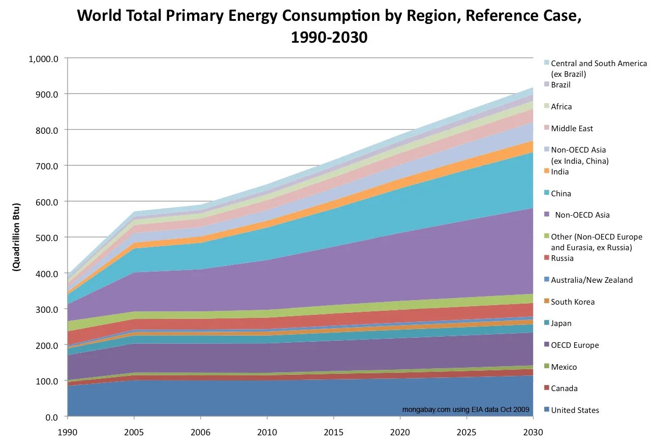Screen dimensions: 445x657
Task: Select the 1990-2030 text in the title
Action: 329,37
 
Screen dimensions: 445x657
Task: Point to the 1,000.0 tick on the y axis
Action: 44,58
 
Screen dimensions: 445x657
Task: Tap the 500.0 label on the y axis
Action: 49,238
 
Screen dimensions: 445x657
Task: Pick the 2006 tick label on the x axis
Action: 201,432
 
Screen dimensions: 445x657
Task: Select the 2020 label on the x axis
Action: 400,432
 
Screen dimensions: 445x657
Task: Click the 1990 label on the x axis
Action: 67,432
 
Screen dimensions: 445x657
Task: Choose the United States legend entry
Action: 575,410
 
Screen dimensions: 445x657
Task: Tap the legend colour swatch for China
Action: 546,193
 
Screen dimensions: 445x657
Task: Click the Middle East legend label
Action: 572,129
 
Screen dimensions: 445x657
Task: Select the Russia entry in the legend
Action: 562,258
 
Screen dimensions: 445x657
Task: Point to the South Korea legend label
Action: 573,302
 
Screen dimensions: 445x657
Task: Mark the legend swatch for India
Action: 546,171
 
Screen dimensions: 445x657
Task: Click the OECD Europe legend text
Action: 575,345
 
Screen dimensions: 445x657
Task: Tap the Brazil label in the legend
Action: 560,85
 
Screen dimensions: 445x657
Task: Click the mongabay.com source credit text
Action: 465,409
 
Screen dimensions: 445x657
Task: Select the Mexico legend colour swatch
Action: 546,367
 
